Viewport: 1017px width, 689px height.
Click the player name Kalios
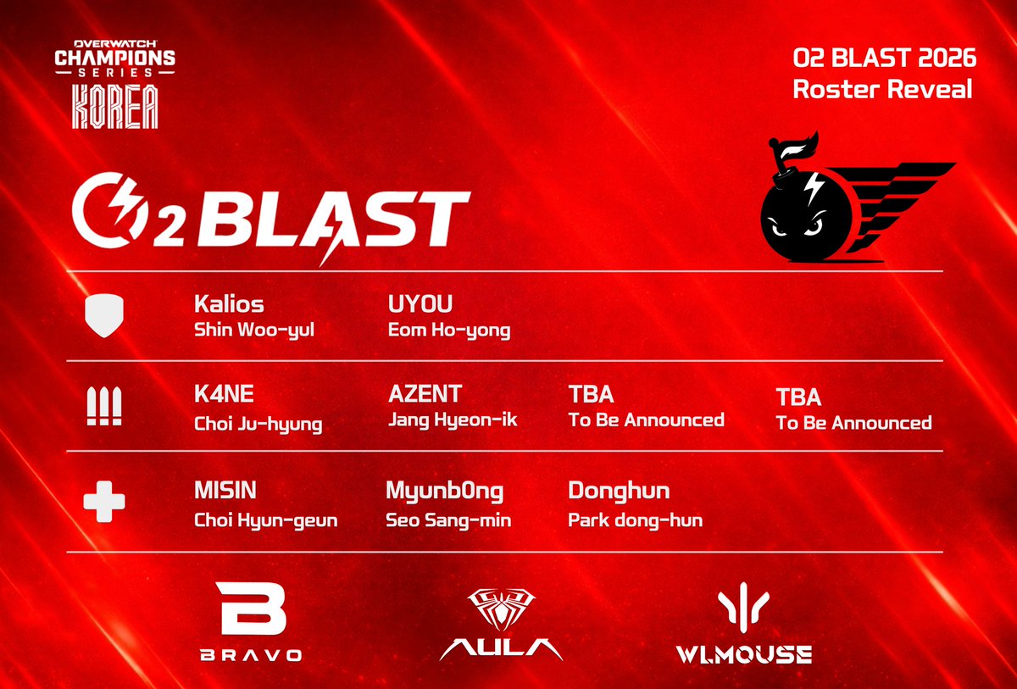[x=228, y=303]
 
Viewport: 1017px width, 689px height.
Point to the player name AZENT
[x=425, y=394]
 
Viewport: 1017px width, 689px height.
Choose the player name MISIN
[x=225, y=492]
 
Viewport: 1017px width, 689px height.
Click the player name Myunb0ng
[x=445, y=492]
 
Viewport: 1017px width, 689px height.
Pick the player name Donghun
[x=619, y=492]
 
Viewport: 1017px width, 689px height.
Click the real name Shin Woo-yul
[x=254, y=330]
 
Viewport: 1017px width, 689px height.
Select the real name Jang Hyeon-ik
[x=453, y=420]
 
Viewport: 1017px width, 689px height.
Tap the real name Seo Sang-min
[x=448, y=520]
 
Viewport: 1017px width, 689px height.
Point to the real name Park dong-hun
[x=635, y=520]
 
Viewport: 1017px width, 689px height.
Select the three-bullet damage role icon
[x=103, y=407]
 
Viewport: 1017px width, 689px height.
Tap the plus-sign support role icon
[x=103, y=500]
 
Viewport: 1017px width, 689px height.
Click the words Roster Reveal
[x=882, y=90]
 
